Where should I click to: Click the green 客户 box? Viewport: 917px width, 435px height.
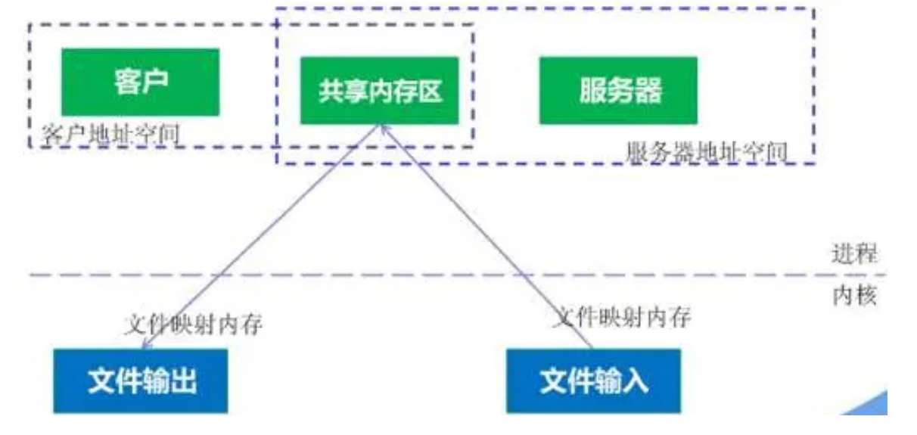[141, 82]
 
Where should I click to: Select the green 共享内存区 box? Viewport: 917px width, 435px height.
[380, 91]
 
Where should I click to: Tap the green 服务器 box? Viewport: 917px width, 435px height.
[619, 91]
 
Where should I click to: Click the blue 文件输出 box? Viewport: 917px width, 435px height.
[141, 381]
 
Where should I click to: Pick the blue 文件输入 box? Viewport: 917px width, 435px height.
[594, 381]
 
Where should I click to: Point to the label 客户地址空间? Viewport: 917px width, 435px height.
[110, 134]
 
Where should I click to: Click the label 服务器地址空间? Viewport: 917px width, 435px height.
[707, 152]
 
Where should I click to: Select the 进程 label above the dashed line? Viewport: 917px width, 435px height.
[855, 253]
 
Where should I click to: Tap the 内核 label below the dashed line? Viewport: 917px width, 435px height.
[855, 296]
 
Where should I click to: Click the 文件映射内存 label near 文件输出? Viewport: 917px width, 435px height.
[194, 325]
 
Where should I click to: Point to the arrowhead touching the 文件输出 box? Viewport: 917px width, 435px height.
[146, 346]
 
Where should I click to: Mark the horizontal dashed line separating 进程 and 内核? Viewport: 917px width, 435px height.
[458, 275]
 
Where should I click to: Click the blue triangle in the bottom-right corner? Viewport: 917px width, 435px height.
[871, 405]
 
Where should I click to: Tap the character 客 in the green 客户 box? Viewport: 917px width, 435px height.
[126, 82]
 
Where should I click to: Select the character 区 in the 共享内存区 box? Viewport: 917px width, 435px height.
[430, 91]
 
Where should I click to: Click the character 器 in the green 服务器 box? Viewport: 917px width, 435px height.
[648, 91]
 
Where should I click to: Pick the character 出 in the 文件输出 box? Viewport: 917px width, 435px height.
[183, 381]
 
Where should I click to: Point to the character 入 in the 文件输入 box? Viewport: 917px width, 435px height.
[636, 381]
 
